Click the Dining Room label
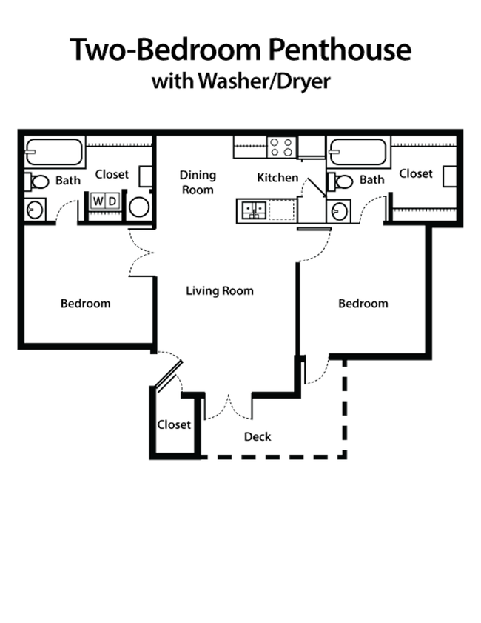[x=198, y=181]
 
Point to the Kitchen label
[x=278, y=179]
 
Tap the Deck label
[x=259, y=436]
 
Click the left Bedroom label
[x=86, y=304]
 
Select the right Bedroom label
[x=363, y=304]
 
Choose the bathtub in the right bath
[x=358, y=152]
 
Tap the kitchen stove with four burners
[x=254, y=210]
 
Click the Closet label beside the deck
[x=174, y=425]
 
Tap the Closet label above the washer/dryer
[x=112, y=175]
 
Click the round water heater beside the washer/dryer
[x=139, y=206]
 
